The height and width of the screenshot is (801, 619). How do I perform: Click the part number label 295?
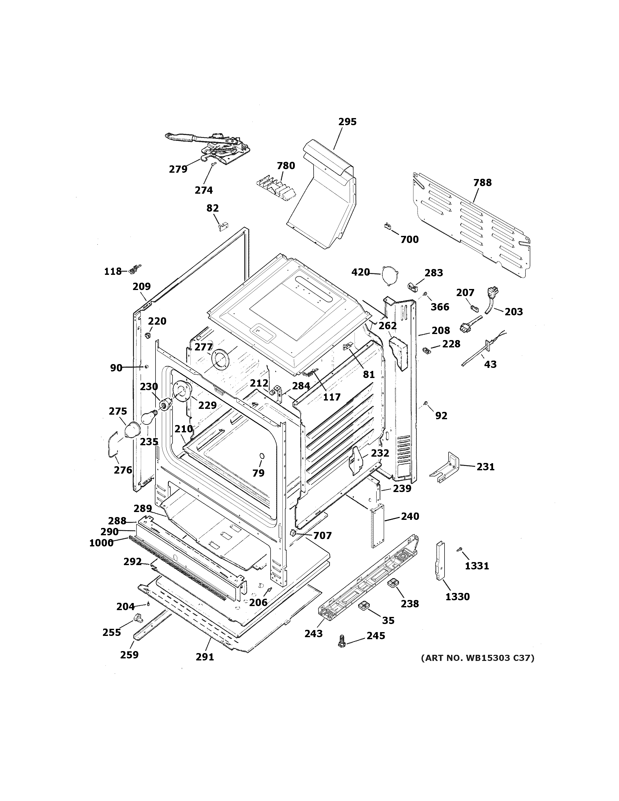tap(347, 122)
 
